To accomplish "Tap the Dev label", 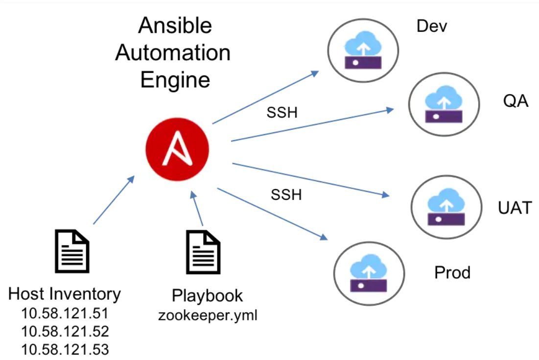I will [x=431, y=26].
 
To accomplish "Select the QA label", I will [x=516, y=102].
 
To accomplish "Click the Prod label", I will [x=452, y=272].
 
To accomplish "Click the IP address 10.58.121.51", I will [x=65, y=313].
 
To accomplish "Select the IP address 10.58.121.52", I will [x=65, y=332].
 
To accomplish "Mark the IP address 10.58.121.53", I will [x=65, y=349].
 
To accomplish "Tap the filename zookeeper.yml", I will [x=208, y=315].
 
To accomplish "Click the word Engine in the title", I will [x=175, y=80].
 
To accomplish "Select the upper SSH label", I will [x=282, y=112].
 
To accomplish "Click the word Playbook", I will [x=207, y=296].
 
